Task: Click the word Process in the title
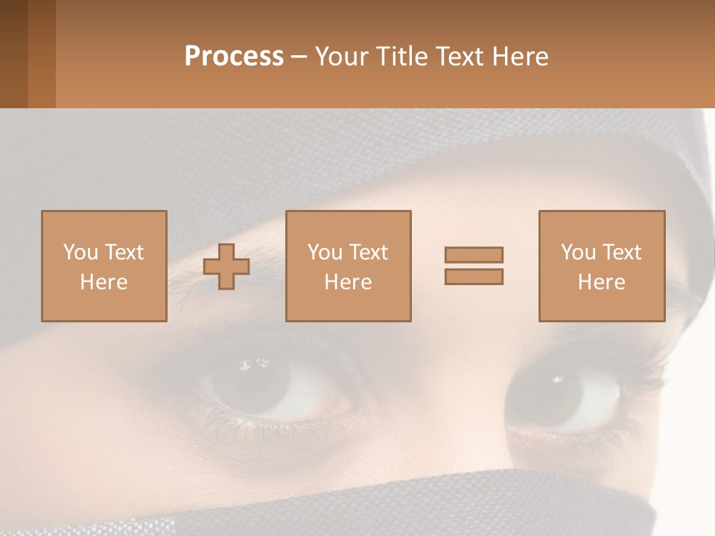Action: (x=234, y=57)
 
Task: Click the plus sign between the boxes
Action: (x=226, y=267)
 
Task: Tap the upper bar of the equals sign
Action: (x=474, y=255)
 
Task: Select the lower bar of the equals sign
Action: (x=474, y=277)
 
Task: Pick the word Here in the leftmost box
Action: (x=104, y=282)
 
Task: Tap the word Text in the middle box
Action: (x=369, y=252)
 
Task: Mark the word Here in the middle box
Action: (x=348, y=282)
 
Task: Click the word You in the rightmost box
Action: (x=579, y=252)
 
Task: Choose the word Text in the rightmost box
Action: (x=622, y=252)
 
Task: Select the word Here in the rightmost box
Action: (x=601, y=282)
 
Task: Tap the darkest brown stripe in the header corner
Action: (x=13, y=54)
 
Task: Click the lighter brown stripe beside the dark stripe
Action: (x=42, y=54)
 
